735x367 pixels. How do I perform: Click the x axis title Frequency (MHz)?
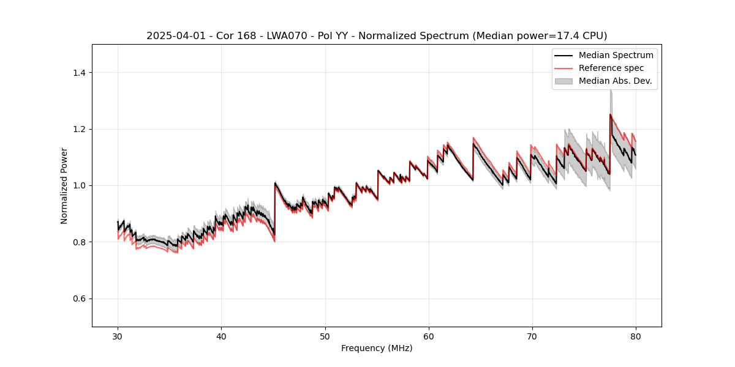[x=377, y=348]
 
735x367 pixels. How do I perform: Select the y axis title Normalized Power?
[x=64, y=185]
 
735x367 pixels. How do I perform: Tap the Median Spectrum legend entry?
[x=616, y=55]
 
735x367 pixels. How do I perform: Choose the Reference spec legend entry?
[x=611, y=68]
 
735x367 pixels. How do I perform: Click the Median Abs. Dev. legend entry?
[x=615, y=81]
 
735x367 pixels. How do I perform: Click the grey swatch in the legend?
[x=563, y=81]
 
